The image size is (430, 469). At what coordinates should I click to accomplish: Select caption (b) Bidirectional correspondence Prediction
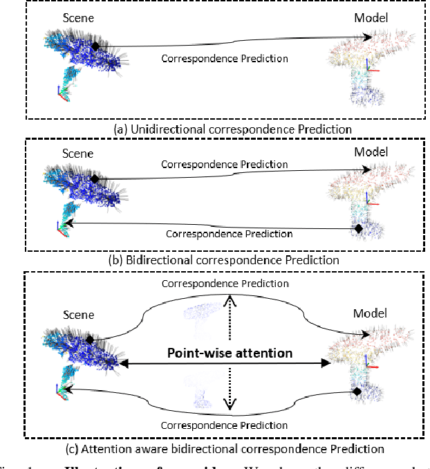coord(214,260)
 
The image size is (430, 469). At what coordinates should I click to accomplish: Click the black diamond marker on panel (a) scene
coord(96,46)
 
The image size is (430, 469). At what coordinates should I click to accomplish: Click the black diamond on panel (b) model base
coord(358,228)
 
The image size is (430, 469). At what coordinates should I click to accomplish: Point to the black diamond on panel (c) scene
coord(90,340)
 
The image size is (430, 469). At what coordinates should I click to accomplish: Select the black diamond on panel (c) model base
coord(357,392)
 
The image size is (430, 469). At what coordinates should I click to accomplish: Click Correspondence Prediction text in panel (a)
coord(225,58)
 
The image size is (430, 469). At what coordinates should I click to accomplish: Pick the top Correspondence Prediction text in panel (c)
coord(223,284)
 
